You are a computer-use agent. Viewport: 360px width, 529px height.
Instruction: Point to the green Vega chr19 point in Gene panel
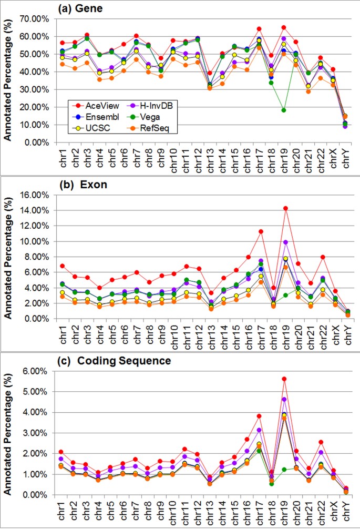(x=284, y=110)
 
